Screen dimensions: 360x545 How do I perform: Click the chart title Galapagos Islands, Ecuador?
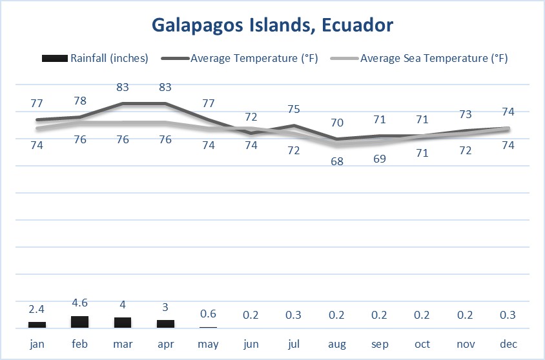[272, 25]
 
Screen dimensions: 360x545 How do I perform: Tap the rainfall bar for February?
[79, 322]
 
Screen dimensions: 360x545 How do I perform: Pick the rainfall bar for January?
[37, 325]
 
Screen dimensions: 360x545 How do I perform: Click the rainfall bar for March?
[123, 323]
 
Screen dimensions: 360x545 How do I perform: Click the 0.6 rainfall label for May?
[208, 314]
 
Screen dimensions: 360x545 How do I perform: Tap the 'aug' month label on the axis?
[336, 345]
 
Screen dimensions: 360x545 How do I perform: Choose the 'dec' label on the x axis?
[508, 345]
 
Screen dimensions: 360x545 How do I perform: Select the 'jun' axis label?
[251, 345]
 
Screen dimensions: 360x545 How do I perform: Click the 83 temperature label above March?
[123, 86]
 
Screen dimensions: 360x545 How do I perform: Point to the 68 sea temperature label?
[336, 161]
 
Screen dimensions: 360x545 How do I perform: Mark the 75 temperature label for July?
[294, 108]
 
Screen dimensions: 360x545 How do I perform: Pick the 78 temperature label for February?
[79, 101]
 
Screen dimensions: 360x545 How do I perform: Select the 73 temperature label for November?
[466, 114]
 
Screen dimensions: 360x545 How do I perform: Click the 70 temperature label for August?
[336, 122]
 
